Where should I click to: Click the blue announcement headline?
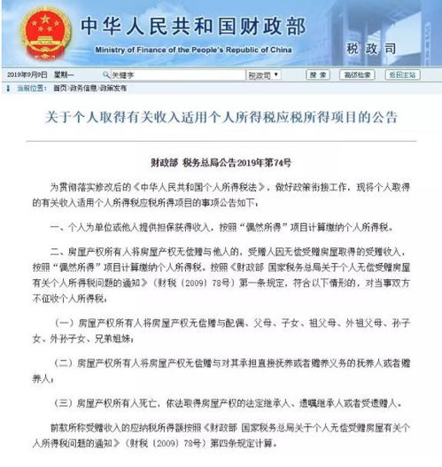[220, 118]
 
